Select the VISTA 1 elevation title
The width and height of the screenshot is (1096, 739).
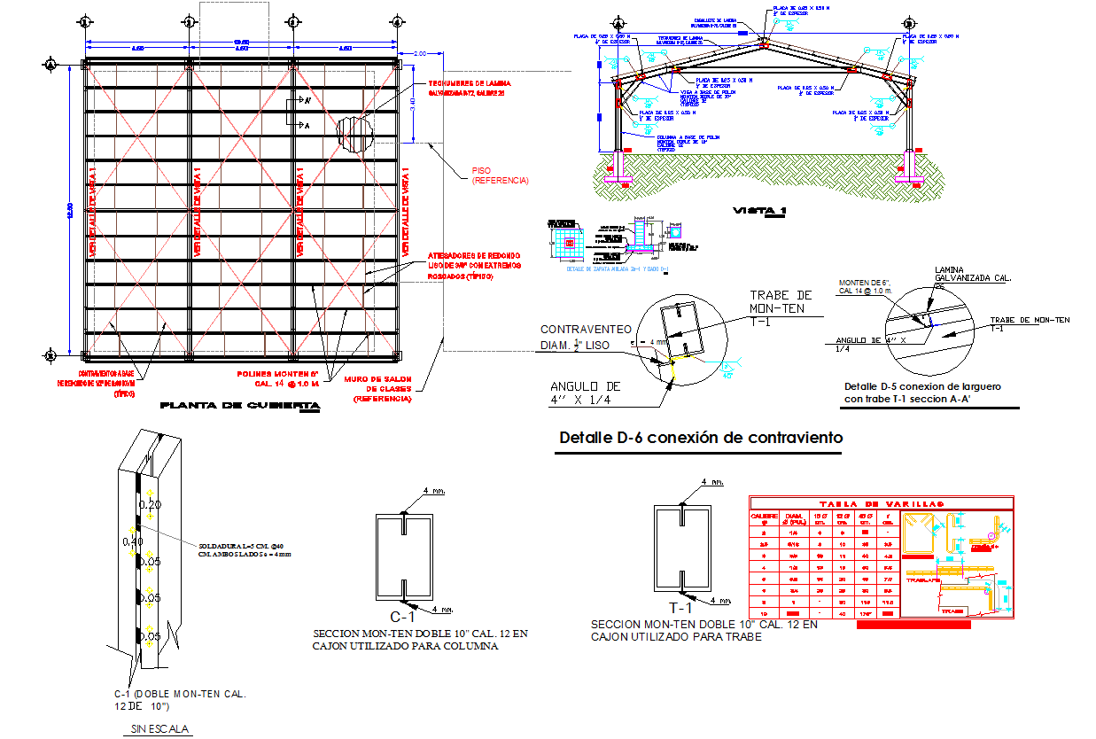pyautogui.click(x=759, y=211)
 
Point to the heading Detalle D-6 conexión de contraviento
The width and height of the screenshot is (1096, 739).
pyautogui.click(x=701, y=438)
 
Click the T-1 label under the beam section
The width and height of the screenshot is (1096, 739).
pyautogui.click(x=680, y=608)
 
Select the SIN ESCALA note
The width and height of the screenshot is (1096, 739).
pyautogui.click(x=157, y=729)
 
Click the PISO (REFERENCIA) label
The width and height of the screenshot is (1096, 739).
pyautogui.click(x=500, y=175)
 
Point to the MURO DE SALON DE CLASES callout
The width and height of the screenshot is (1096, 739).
pyautogui.click(x=383, y=389)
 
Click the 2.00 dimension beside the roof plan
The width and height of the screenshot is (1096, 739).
pyautogui.click(x=419, y=54)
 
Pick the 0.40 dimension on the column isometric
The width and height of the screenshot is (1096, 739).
pyautogui.click(x=133, y=541)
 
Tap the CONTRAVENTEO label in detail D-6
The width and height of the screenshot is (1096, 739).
pyautogui.click(x=586, y=329)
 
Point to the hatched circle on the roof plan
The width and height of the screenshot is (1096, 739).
pyautogui.click(x=354, y=136)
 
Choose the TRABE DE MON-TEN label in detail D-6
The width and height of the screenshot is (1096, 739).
pyautogui.click(x=781, y=302)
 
